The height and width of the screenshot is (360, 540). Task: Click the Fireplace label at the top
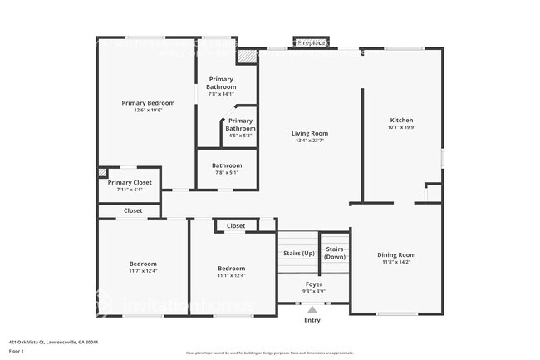[x=311, y=42]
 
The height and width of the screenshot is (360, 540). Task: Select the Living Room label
[x=309, y=133]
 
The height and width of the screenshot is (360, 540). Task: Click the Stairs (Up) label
[x=299, y=252]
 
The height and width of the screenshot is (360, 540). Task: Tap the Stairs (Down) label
[x=335, y=253]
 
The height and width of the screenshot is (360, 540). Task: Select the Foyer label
[x=313, y=284]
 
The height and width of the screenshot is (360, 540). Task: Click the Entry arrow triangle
[x=312, y=309]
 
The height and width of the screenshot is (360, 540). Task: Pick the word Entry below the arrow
[x=312, y=320]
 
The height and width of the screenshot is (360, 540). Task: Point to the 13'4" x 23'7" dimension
[x=309, y=141]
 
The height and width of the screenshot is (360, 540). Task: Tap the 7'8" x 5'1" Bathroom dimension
[x=227, y=172]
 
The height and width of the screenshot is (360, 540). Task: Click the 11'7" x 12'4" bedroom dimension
[x=143, y=271]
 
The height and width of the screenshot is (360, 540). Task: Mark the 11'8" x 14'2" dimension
[x=396, y=262]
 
